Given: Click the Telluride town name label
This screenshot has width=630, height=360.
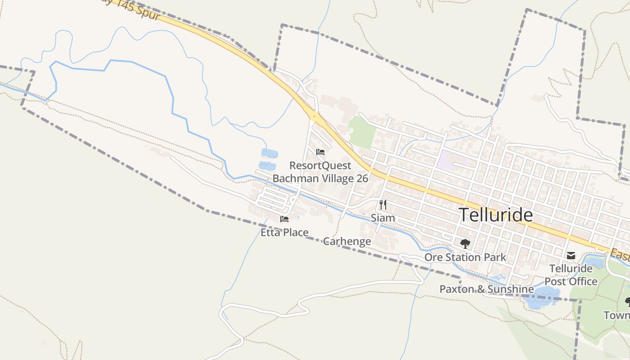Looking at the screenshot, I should click(495, 215).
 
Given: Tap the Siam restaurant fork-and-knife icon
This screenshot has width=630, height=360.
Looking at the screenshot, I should click(382, 205).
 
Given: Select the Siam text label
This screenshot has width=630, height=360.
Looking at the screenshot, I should click(382, 218).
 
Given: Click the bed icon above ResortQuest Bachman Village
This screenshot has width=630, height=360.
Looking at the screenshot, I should click(320, 152).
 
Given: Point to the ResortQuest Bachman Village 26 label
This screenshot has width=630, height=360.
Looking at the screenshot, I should click(320, 172).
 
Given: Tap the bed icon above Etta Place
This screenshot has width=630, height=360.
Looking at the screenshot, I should click(284, 219).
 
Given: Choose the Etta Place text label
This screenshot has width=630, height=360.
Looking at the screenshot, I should click(284, 233).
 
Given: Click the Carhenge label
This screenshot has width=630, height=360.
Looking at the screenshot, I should click(347, 241).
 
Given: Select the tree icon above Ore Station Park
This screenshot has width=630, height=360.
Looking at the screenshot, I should click(465, 244).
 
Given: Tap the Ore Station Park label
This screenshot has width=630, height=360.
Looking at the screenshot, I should click(465, 257).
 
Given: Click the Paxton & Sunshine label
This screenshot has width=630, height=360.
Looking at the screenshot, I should click(486, 289).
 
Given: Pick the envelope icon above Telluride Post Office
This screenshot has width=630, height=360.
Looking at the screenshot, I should click(571, 256).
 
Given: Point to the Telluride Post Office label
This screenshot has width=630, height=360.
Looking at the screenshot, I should click(571, 275).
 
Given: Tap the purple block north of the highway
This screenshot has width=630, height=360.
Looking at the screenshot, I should click(451, 159).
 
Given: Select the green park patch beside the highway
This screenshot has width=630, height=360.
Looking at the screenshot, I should click(362, 132).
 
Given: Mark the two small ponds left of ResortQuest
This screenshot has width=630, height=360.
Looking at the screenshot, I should click(269, 159).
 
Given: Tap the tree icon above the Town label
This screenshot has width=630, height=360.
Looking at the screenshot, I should click(627, 301).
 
